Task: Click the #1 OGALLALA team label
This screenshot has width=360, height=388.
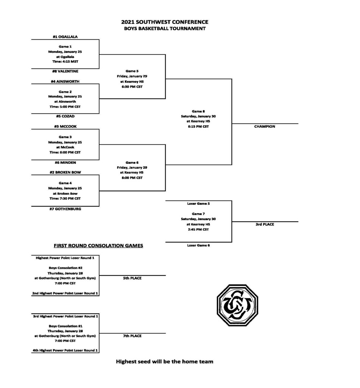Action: click(x=65, y=37)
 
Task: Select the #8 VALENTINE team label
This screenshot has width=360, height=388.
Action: click(x=65, y=71)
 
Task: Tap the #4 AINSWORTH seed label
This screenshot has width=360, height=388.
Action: click(x=65, y=81)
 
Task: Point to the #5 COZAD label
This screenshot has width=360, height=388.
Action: click(x=65, y=116)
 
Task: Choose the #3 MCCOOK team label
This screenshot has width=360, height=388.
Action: click(x=65, y=127)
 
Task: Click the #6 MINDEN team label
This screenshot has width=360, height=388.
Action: click(x=65, y=163)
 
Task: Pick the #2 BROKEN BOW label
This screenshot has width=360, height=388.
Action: click(x=65, y=172)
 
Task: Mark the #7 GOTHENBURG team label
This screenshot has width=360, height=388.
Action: click(x=65, y=209)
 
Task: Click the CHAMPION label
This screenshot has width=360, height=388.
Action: click(x=265, y=127)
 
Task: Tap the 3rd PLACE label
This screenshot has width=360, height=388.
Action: click(x=265, y=224)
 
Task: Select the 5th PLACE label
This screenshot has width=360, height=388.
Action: click(x=132, y=278)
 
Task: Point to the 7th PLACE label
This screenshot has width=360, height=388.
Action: click(x=132, y=336)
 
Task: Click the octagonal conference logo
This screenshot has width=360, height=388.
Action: click(x=237, y=305)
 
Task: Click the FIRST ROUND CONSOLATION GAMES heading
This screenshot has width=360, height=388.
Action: click(x=98, y=246)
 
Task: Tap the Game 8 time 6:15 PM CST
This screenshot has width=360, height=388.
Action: click(x=198, y=127)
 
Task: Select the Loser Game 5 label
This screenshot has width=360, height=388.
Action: click(x=198, y=203)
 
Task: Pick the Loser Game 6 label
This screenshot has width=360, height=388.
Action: click(x=198, y=246)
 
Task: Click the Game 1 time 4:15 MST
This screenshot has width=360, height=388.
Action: click(x=65, y=62)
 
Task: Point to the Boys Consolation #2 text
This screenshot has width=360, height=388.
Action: click(x=65, y=268)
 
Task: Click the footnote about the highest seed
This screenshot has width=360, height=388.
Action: click(x=165, y=361)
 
